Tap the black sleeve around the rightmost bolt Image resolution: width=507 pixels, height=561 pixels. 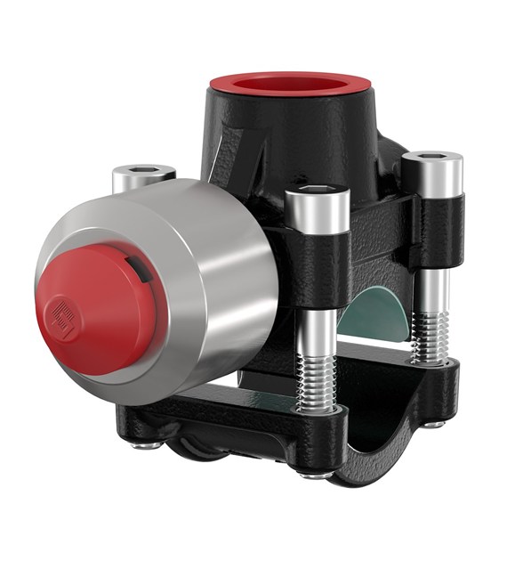point(437,227)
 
